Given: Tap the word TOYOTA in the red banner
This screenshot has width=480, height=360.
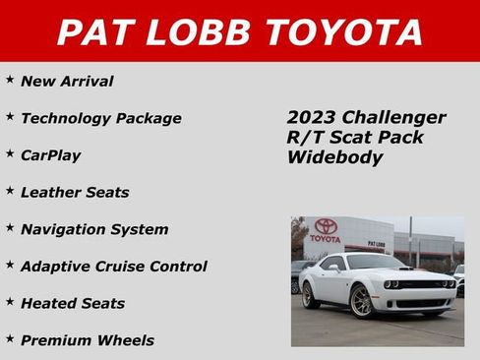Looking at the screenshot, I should click(339, 32).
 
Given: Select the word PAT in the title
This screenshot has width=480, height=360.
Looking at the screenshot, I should click(94, 32).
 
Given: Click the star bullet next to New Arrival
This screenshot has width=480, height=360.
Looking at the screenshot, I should click(10, 80).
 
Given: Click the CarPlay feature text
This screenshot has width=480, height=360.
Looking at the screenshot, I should click(50, 155).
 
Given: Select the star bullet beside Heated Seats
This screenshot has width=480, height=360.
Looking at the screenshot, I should click(10, 302).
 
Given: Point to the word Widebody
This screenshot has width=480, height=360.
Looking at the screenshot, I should click(334, 157).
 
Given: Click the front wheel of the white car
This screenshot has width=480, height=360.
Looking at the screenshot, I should click(362, 303).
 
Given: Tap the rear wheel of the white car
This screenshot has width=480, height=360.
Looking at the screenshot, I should click(311, 294).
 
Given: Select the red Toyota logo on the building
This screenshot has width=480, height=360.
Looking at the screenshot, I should click(326, 226).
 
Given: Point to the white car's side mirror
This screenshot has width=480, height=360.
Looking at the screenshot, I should click(335, 268).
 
